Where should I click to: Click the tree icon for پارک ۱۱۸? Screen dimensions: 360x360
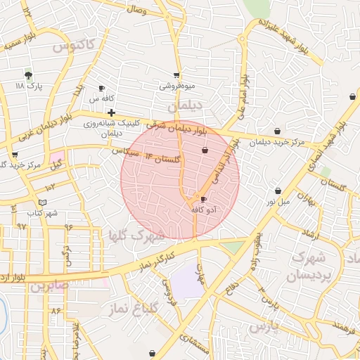(x=28, y=75)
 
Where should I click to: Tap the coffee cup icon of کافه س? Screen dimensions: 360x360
(x=102, y=89)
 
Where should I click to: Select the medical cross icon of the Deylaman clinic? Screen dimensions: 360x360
(x=111, y=112)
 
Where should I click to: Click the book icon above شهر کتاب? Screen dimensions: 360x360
(x=43, y=202)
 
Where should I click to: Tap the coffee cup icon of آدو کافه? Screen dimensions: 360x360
(x=204, y=200)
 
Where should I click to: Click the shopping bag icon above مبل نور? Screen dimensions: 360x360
(x=278, y=191)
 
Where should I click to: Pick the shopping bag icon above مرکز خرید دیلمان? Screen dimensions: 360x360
(x=278, y=131)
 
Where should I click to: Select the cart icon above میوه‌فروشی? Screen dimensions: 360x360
(x=176, y=75)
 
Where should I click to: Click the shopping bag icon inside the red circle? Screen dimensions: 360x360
(x=205, y=150)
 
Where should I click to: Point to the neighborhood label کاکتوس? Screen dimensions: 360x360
(x=72, y=46)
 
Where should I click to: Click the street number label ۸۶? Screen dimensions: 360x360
(x=56, y=309)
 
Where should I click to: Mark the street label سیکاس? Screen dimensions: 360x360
(x=124, y=150)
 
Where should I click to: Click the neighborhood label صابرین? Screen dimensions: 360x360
(x=49, y=286)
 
